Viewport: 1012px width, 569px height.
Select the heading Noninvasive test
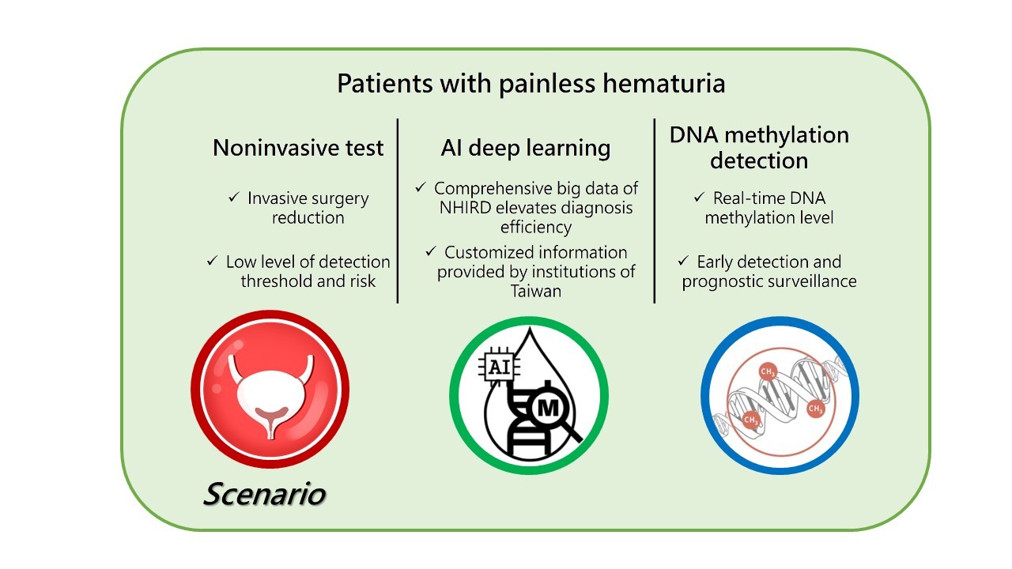[x=298, y=148]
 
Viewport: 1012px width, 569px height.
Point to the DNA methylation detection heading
[x=760, y=148]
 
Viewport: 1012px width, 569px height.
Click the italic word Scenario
[x=264, y=494]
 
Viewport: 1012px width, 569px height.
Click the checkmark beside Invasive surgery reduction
[x=233, y=197]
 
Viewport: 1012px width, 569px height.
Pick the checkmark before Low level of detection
[x=213, y=261]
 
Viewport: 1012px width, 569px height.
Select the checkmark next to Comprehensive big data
[x=421, y=187]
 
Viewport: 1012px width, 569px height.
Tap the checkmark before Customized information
[x=431, y=251]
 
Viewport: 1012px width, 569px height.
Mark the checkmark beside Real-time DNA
[x=700, y=197]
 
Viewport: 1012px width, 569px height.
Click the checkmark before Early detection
[x=683, y=261]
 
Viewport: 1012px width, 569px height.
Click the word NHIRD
[x=466, y=208]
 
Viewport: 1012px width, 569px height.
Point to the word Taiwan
[x=536, y=292]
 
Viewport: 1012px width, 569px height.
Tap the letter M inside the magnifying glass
[x=548, y=409]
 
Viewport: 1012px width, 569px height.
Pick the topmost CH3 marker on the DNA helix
[x=768, y=372]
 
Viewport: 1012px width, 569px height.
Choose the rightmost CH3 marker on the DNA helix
[x=816, y=409]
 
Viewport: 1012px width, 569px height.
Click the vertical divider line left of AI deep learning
[x=398, y=211]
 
